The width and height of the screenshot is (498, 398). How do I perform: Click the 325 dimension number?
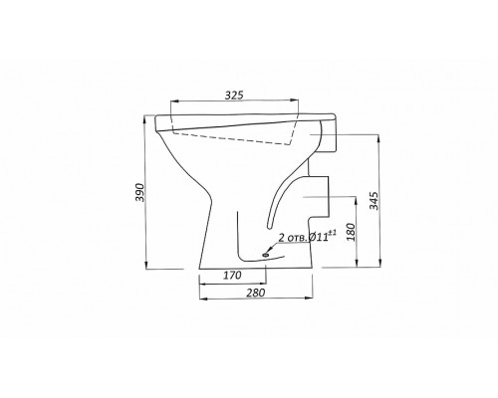(234, 96)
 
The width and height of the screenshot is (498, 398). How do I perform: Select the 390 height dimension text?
(140, 192)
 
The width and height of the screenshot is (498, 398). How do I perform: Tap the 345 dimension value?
(374, 200)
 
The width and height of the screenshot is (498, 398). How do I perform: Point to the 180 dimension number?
(351, 232)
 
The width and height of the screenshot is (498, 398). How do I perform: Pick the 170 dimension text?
(232, 275)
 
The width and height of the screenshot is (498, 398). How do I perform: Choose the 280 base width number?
(256, 293)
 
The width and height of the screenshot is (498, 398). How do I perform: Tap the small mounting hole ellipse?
(266, 255)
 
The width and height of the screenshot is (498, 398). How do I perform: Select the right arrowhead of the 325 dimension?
(294, 99)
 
